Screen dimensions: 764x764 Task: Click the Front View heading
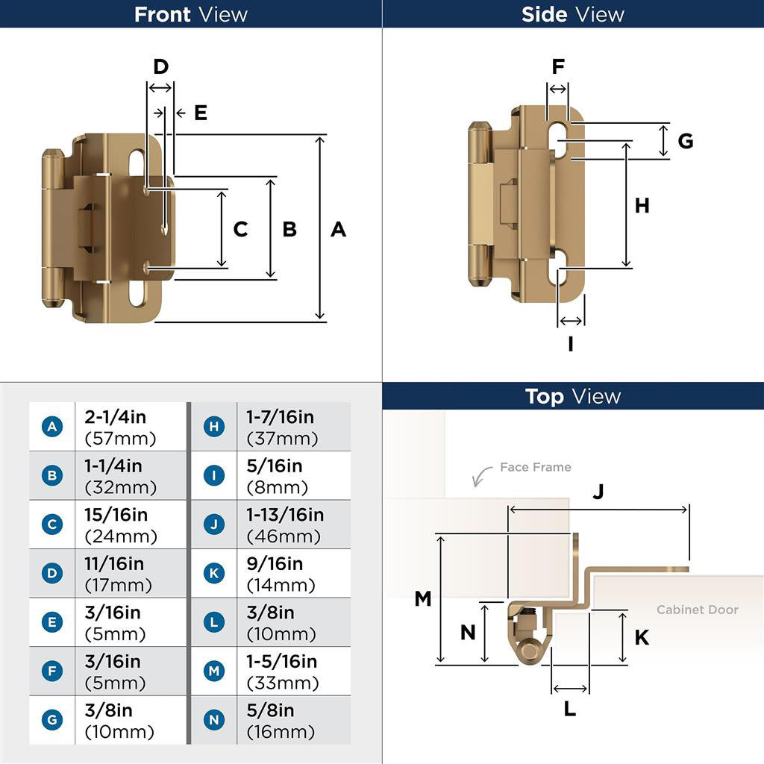point(191,14)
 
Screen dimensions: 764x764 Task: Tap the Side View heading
point(573,14)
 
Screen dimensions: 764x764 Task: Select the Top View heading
point(573,396)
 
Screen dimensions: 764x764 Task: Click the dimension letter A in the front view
point(338,229)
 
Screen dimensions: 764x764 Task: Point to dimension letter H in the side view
point(642,205)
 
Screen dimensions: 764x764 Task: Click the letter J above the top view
point(598,492)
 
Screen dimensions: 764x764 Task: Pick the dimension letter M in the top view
point(423,598)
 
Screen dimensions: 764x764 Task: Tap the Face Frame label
point(535,467)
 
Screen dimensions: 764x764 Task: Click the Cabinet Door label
point(697,610)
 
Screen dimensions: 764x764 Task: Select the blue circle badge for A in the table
point(52,427)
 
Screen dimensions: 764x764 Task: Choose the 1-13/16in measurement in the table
point(285,516)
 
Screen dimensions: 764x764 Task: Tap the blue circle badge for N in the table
point(214,720)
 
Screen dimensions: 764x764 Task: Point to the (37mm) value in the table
point(282,439)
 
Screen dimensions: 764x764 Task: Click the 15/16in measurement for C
point(116,516)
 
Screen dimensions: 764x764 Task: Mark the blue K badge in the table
point(214,573)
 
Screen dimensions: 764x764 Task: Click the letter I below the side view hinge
point(571,344)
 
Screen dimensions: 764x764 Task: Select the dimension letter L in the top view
point(570,709)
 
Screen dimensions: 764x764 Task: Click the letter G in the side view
point(686,140)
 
